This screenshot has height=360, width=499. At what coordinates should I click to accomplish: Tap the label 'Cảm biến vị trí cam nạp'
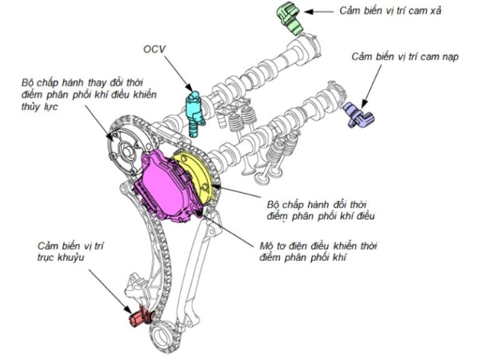point(405,57)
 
